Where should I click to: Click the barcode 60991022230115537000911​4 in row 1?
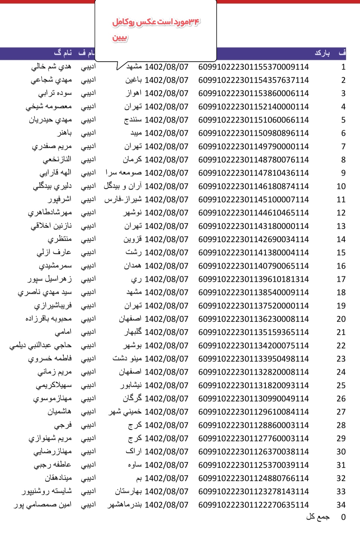click(254, 67)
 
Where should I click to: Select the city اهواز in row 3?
click(134, 93)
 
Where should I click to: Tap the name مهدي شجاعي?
click(51, 80)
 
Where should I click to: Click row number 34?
click(341, 505)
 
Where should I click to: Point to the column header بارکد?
click(322, 53)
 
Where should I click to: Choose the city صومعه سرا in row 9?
click(124, 173)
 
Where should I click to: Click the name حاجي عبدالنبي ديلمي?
click(40, 346)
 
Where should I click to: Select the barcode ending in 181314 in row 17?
click(254, 279)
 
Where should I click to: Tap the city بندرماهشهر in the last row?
click(125, 505)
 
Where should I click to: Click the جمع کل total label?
click(318, 517)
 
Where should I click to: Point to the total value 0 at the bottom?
click(343, 517)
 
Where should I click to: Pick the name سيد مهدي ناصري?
click(45, 292)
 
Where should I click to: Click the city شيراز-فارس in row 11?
click(123, 200)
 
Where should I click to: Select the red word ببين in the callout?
click(120, 37)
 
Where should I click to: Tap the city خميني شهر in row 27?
click(125, 412)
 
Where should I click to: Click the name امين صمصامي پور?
click(43, 505)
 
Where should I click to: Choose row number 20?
click(341, 319)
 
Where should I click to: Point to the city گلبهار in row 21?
click(133, 332)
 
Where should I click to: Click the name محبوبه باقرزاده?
click(48, 319)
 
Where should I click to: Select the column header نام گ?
click(63, 53)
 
